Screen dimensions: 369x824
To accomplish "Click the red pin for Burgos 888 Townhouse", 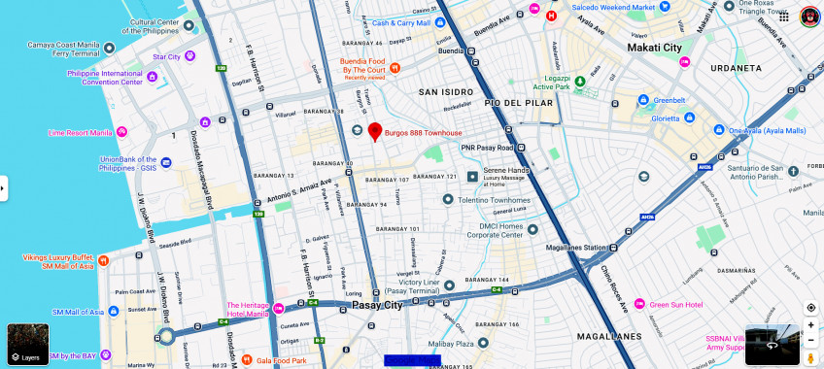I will (x=375, y=131).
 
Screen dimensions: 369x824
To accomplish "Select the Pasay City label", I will (x=377, y=305).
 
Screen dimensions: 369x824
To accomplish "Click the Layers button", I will (x=27, y=344).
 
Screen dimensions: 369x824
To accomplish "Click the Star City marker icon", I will (x=189, y=56).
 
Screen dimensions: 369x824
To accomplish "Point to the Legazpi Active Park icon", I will (x=579, y=82).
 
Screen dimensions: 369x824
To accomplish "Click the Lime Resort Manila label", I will (x=81, y=132).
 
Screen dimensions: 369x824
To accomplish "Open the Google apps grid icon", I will (x=783, y=17).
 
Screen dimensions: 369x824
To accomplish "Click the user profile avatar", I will (x=809, y=17).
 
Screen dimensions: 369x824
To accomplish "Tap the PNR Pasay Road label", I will (x=486, y=148).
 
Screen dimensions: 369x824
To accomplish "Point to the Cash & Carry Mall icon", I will (x=361, y=21).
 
